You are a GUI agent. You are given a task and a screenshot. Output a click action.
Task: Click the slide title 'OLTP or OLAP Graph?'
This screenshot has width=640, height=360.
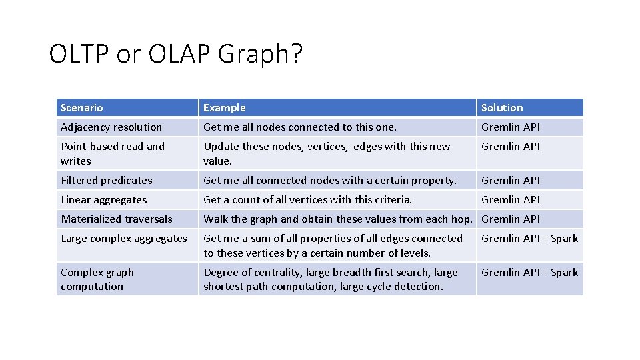pos(176,54)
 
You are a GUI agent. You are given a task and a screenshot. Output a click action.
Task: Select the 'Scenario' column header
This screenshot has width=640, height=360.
pos(82,107)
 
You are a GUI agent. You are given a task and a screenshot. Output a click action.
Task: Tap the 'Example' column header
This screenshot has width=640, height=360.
pos(225,107)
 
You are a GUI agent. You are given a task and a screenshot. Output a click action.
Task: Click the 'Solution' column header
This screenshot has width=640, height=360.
pos(502,107)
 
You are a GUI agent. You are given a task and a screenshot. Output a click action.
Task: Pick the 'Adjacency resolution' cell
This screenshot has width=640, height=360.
pos(111,127)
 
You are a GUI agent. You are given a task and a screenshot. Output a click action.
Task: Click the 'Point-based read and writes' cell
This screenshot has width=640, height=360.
pos(112,153)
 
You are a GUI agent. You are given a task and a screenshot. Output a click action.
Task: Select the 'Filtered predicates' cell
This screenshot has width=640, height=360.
pos(107,180)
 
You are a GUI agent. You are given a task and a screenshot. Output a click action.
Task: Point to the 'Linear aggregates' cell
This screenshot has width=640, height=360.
pos(104,199)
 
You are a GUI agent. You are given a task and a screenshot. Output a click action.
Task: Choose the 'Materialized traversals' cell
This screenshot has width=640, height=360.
pos(117,219)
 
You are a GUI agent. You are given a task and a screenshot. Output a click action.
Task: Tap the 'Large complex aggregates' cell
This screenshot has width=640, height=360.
pos(124,238)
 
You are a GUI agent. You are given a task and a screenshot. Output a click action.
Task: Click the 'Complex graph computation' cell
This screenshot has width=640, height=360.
pos(97,279)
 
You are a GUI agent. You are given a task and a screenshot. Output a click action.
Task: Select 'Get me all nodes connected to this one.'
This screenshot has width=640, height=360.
pos(300,127)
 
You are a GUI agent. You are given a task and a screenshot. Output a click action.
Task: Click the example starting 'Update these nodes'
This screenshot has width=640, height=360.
pos(327,153)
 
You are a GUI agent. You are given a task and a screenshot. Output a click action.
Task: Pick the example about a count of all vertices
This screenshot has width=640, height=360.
pos(308,199)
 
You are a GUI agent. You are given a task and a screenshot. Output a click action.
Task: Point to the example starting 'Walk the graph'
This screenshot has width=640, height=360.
pos(337,219)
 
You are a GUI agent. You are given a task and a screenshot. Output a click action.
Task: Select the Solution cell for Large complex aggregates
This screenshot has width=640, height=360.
pos(529,238)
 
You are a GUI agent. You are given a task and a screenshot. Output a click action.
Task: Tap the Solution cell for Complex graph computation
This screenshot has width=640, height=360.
pos(529,272)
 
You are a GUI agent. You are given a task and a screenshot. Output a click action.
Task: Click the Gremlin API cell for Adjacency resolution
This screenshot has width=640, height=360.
pos(511,127)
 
